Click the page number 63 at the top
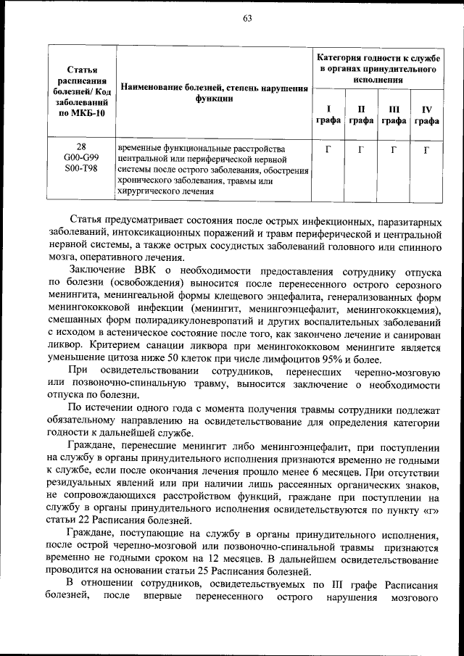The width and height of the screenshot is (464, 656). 246,19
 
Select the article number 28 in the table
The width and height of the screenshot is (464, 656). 81,147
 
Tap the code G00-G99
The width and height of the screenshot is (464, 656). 81,158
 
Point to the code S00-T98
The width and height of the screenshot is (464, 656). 81,169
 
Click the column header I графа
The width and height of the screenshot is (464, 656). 328,115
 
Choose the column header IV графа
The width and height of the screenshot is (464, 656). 426,115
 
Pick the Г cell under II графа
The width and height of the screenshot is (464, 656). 361,149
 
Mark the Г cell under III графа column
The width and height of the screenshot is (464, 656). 394,149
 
